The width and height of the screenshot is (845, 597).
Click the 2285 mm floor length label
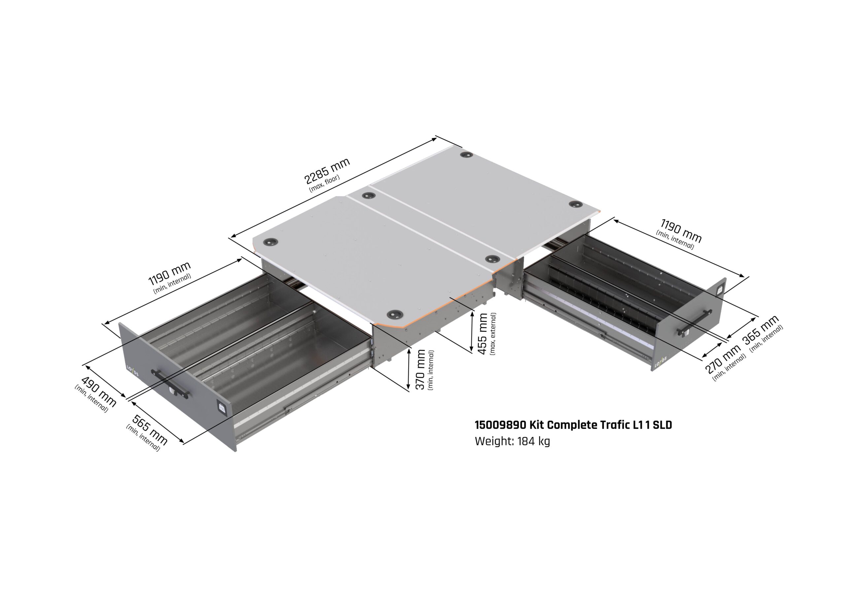click(x=327, y=171)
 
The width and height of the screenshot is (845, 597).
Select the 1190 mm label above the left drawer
click(x=169, y=273)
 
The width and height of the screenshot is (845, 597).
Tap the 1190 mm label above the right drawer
click(x=681, y=231)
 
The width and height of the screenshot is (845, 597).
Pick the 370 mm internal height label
click(x=420, y=369)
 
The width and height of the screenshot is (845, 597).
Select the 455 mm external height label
click(x=482, y=334)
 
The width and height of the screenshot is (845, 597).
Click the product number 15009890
click(x=500, y=425)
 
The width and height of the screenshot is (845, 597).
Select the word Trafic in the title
click(x=615, y=425)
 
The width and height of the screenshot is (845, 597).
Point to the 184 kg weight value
click(x=534, y=441)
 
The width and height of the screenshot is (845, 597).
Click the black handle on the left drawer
click(x=170, y=384)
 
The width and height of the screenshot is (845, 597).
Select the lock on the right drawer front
click(x=719, y=290)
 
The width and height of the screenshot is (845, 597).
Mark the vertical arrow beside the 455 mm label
click(x=472, y=332)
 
